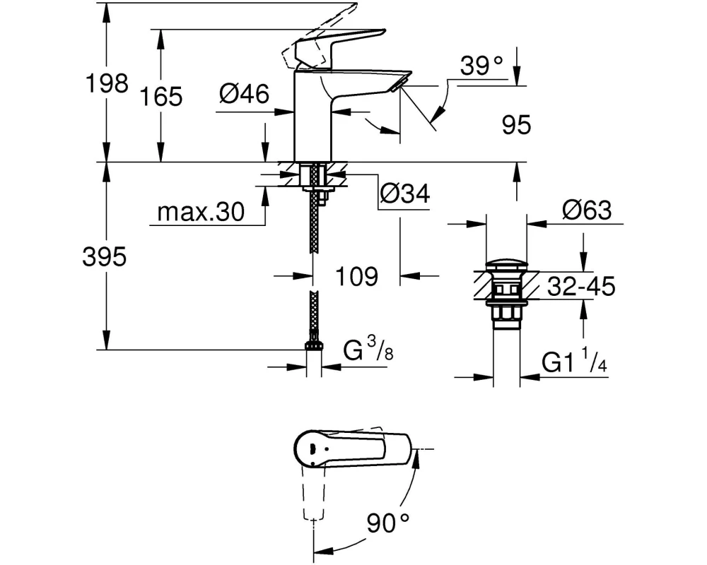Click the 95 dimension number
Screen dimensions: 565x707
click(x=515, y=126)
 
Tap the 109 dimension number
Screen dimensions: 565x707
click(x=356, y=276)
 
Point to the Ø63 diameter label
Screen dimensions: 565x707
click(x=586, y=210)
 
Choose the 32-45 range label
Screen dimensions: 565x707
click(x=578, y=287)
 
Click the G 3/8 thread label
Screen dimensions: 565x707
click(x=368, y=351)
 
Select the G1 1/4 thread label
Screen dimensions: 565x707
click(x=573, y=363)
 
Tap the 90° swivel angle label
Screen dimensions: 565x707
click(x=388, y=523)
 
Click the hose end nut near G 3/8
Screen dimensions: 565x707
click(x=313, y=345)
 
